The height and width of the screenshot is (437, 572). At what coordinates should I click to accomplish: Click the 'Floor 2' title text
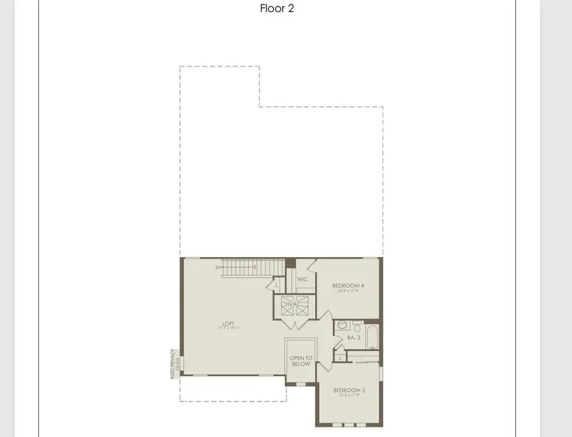[x=277, y=9]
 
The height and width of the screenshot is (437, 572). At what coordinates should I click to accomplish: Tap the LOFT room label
[x=228, y=323]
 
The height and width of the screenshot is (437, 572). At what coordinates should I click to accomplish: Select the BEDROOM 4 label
[x=348, y=286]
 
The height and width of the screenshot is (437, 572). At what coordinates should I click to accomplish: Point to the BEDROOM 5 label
[x=349, y=390]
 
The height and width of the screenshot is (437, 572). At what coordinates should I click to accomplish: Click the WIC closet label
[x=303, y=279]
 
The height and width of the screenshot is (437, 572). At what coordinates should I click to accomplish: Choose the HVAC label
[x=292, y=305]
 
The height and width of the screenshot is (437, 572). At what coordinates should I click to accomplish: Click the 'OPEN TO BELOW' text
[x=301, y=361]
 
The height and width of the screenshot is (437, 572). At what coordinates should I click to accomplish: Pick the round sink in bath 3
[x=342, y=325]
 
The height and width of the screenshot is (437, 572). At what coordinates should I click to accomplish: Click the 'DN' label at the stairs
[x=219, y=268]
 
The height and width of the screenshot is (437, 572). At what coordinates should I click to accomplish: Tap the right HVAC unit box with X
[x=301, y=305]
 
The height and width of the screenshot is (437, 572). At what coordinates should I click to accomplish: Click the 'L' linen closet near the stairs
[x=277, y=285]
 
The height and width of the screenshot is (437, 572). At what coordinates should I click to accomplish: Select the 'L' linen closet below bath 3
[x=341, y=358]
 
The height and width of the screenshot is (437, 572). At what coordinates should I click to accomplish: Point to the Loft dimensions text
[x=228, y=329]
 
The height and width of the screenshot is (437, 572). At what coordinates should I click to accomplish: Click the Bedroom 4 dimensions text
[x=348, y=291]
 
